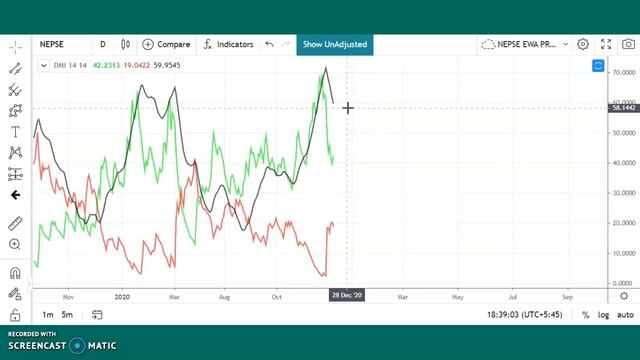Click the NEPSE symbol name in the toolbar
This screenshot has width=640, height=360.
pos(52,44)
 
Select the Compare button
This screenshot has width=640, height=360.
pos(166,44)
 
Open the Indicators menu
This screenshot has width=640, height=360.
pos(228,44)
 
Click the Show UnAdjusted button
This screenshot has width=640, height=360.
pos(335,44)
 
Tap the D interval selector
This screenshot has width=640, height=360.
pos(102,44)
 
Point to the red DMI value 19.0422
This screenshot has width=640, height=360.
pos(137,65)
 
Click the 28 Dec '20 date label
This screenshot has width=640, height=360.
pos(347,296)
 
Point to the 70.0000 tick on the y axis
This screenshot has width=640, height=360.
pos(624,73)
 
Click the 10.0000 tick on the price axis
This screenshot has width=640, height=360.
pos(624,253)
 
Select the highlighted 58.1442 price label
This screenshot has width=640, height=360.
pos(623,107)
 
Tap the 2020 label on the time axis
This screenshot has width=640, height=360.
pos(123,296)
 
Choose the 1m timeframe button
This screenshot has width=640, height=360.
pos(48,315)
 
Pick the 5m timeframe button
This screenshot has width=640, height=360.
pos(67,315)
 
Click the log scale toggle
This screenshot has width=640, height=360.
pos(603,315)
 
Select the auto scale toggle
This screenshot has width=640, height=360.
pos(625,315)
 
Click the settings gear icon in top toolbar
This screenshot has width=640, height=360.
pos(583,44)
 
